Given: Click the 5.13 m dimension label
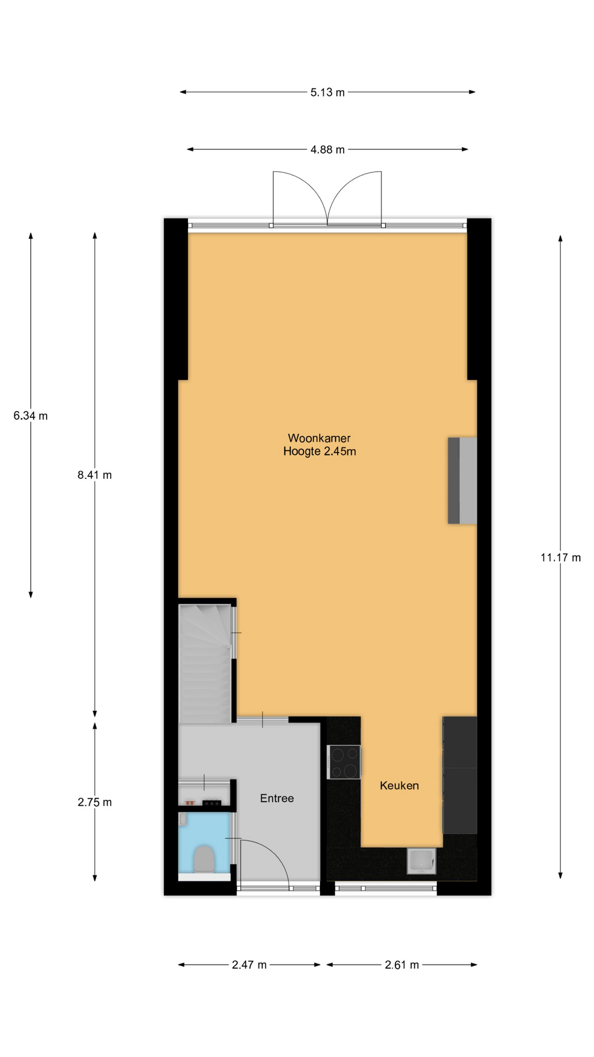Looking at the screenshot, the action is (x=327, y=92).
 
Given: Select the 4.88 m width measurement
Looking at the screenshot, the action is (x=327, y=150).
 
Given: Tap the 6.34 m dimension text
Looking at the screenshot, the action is (x=31, y=416).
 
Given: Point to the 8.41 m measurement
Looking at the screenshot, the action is (x=95, y=475).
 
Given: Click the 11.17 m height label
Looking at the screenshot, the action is (x=560, y=558).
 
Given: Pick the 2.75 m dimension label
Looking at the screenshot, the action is (x=95, y=803).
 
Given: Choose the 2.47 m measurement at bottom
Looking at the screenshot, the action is (x=249, y=965).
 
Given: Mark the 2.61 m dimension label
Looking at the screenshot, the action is (x=402, y=965).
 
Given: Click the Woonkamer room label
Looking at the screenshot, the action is (x=319, y=438).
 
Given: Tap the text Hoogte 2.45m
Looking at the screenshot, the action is (x=320, y=451).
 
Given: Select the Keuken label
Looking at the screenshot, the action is (x=399, y=786).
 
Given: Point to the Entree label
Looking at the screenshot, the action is (x=277, y=798).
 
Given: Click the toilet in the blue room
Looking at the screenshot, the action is (x=204, y=859).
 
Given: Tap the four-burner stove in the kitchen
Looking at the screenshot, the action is (x=344, y=762).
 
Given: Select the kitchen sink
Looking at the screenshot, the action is (x=421, y=861).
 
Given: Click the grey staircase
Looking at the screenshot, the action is (x=205, y=664).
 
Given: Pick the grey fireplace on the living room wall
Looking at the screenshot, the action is (x=462, y=481).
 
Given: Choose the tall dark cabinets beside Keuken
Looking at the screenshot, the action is (x=460, y=775).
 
